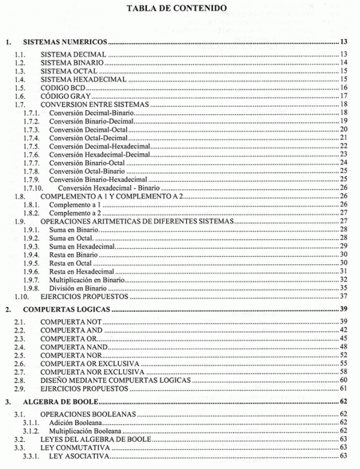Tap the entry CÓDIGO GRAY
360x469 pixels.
click(64, 95)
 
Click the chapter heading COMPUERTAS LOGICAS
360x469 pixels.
click(67, 309)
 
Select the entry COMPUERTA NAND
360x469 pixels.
click(74, 347)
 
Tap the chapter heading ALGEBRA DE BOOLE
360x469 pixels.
click(62, 401)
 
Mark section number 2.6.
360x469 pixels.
click(20, 364)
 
